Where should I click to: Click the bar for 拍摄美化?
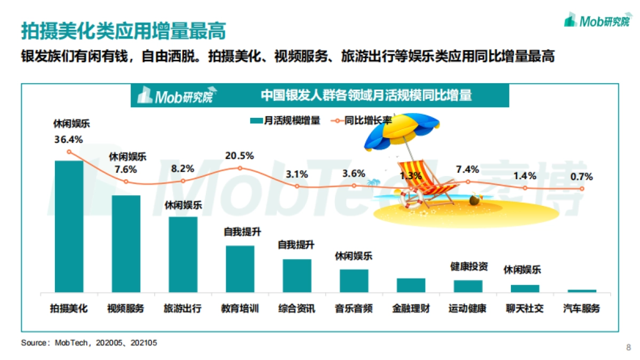pyautogui.click(x=69, y=227)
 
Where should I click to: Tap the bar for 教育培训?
pyautogui.click(x=240, y=269)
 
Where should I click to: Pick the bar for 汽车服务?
pyautogui.click(x=582, y=291)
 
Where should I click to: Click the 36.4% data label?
pyautogui.click(x=68, y=140)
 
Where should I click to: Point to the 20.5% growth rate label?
pyautogui.click(x=239, y=156)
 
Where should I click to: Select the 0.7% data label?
pyautogui.click(x=581, y=178)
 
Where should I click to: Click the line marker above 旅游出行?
pyautogui.click(x=183, y=181)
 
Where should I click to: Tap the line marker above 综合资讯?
pyautogui.click(x=297, y=186)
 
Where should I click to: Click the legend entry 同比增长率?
pyautogui.click(x=363, y=121)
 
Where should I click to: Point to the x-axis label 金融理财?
pyautogui.click(x=411, y=309)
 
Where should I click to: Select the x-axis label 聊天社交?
pyautogui.click(x=525, y=309)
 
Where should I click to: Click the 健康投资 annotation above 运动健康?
pyautogui.click(x=469, y=266)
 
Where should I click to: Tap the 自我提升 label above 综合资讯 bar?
pyautogui.click(x=297, y=245)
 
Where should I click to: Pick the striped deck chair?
pyautogui.click(x=429, y=181)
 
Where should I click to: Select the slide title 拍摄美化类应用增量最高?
pyautogui.click(x=123, y=30)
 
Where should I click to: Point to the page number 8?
pyautogui.click(x=628, y=348)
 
